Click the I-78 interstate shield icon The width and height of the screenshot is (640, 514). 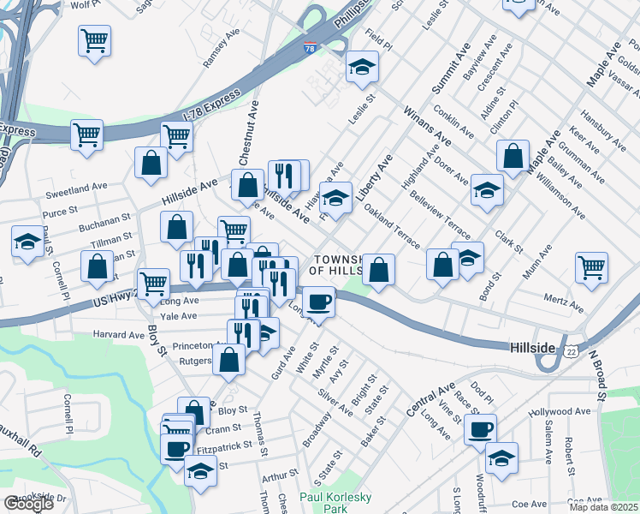tap(309, 48)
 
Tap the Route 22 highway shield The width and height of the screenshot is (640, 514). tap(571, 350)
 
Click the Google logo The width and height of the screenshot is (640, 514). tap(28, 504)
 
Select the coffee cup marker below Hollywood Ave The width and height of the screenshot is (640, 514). tap(480, 428)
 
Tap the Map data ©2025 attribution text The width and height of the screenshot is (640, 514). tap(602, 506)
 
